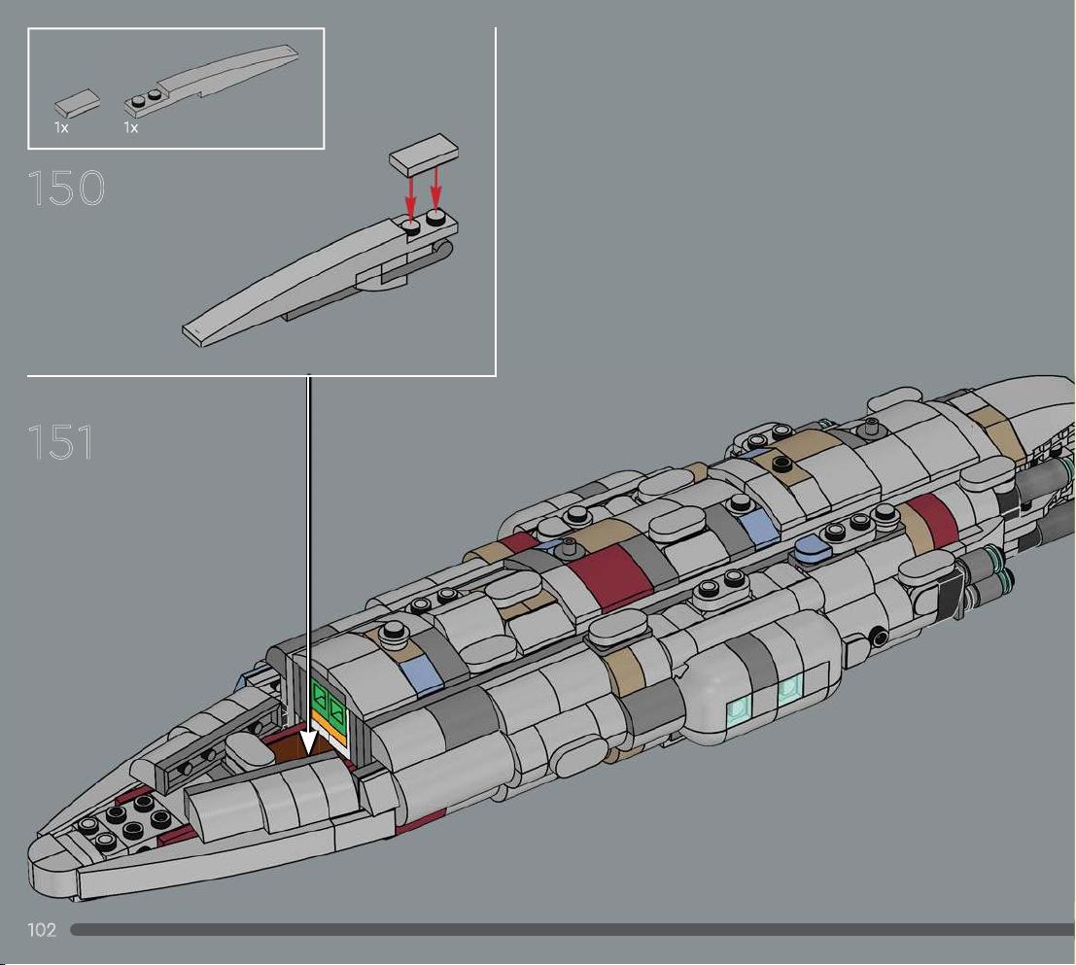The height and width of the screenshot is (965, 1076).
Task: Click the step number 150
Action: [x=66, y=188]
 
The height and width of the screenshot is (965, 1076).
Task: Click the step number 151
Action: [x=60, y=442]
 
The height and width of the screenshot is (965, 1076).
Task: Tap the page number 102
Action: [x=41, y=929]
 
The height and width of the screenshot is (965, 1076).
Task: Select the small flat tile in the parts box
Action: [x=77, y=104]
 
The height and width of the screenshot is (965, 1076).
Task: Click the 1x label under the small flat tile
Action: [x=61, y=127]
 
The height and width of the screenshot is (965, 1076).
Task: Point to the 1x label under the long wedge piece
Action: [x=131, y=127]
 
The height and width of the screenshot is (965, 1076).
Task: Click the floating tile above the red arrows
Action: [x=424, y=154]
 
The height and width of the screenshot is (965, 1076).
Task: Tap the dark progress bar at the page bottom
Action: [x=573, y=930]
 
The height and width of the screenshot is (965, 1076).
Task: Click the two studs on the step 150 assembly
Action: [x=424, y=223]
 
